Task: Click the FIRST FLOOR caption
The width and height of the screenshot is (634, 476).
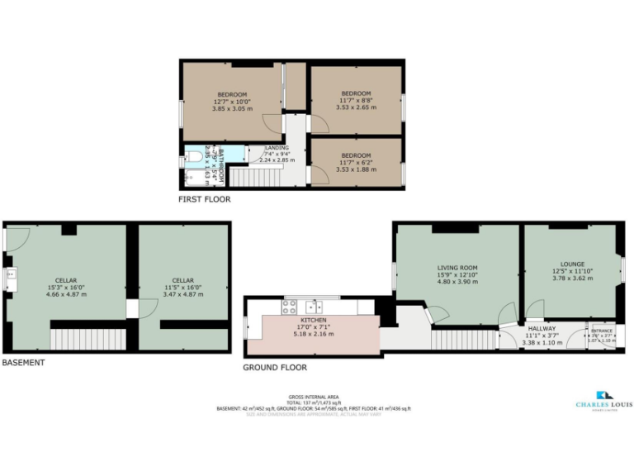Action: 205,199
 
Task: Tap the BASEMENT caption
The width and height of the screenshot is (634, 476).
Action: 23,362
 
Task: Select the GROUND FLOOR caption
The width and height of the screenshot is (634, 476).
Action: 275,367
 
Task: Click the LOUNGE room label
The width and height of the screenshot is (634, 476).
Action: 572,264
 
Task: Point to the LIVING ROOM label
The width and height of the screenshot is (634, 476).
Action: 457,268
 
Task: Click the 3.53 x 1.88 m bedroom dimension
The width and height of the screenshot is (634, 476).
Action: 356,169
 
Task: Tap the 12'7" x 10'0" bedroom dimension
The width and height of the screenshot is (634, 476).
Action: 232,101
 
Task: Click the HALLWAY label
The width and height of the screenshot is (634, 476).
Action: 542,328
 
